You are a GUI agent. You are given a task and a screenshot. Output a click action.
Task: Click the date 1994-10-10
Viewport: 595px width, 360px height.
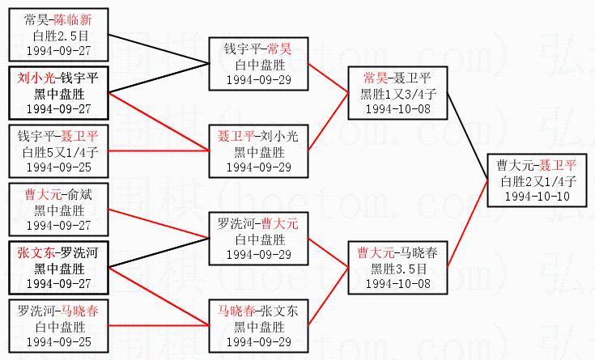(537, 197)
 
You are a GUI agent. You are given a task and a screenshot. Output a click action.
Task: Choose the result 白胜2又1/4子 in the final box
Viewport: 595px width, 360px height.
(537, 181)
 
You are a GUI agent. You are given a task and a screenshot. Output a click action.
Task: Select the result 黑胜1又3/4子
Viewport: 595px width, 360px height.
(397, 94)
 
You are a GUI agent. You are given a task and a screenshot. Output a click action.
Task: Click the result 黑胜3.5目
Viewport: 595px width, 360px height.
(397, 269)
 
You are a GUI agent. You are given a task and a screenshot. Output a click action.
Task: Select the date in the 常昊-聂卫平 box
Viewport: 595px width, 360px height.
(397, 108)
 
